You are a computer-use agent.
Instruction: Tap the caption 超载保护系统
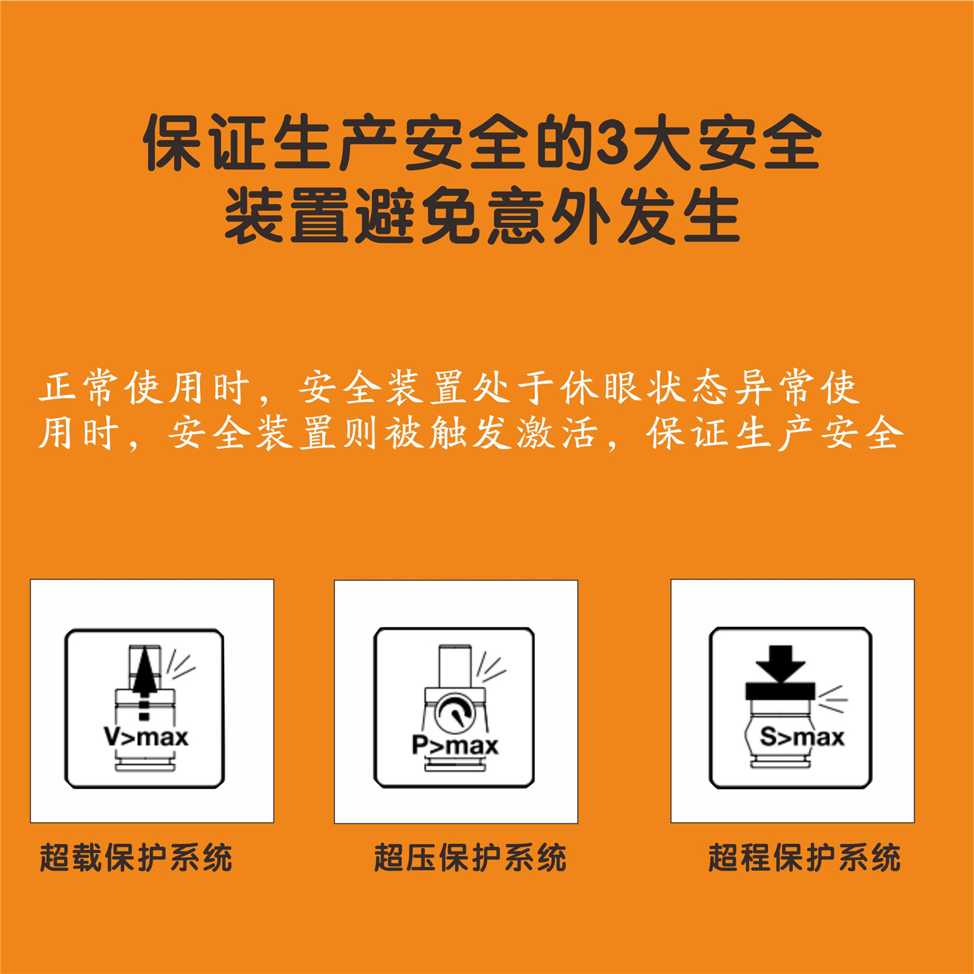coord(136,858)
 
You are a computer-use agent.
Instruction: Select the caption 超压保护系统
coord(470,858)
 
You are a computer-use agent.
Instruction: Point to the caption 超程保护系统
coord(804,858)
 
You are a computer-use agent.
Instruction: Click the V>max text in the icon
coord(146,738)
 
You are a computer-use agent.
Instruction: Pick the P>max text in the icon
coord(455,745)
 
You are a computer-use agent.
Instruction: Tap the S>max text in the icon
coord(802,737)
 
